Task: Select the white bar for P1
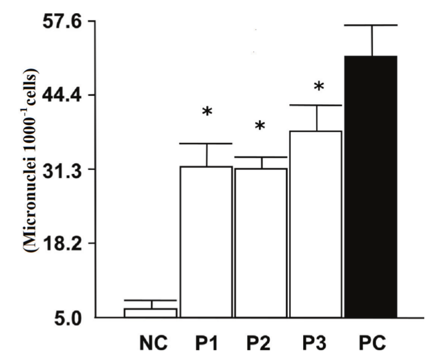[x=206, y=242]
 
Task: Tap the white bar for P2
[x=261, y=243]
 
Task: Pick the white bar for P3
[x=316, y=224]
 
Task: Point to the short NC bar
[x=150, y=313]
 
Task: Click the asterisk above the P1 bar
[x=207, y=112]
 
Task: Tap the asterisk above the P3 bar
[x=318, y=86]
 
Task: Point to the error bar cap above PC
[x=372, y=25]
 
